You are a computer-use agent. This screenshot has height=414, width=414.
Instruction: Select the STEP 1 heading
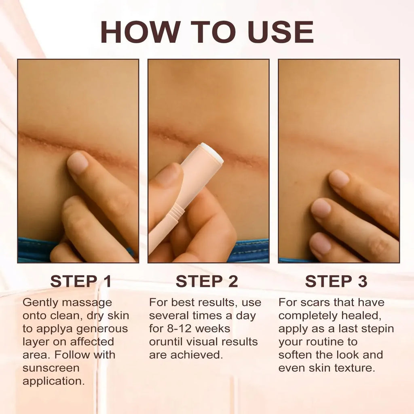pyautogui.click(x=81, y=281)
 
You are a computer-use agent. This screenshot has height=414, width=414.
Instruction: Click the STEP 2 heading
pyautogui.click(x=207, y=281)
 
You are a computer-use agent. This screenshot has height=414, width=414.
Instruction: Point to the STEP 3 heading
pyautogui.click(x=336, y=281)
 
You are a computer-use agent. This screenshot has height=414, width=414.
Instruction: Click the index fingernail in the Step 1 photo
pyautogui.click(x=77, y=162)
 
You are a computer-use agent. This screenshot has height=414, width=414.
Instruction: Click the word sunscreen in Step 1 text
pyautogui.click(x=51, y=368)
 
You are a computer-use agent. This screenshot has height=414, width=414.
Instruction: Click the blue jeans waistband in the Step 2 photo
pyautogui.click(x=248, y=251)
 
